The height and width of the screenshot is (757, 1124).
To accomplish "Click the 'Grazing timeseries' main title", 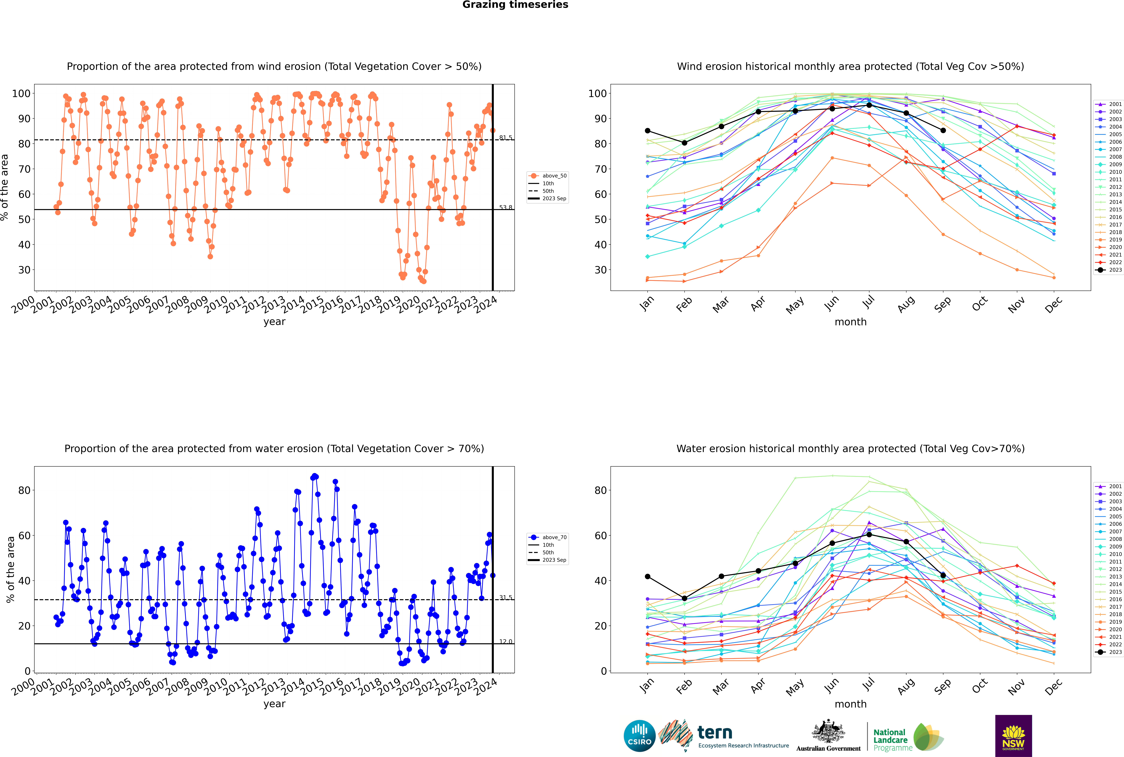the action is (x=515, y=5).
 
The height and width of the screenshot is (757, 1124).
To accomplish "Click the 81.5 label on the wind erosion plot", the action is (x=505, y=138).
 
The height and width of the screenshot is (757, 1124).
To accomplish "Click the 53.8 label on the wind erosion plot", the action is (x=505, y=208).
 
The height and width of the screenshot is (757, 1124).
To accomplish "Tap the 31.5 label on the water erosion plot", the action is (x=505, y=598).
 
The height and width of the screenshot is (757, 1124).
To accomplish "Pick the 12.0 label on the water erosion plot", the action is (x=505, y=642).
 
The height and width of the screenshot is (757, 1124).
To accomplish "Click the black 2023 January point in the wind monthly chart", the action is (x=648, y=131).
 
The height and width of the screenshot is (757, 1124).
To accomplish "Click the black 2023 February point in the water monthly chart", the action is (x=684, y=599).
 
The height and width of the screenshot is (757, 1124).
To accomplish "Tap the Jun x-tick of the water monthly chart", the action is (x=832, y=686).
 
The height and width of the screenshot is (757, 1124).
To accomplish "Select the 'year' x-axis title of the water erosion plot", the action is (x=274, y=704).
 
